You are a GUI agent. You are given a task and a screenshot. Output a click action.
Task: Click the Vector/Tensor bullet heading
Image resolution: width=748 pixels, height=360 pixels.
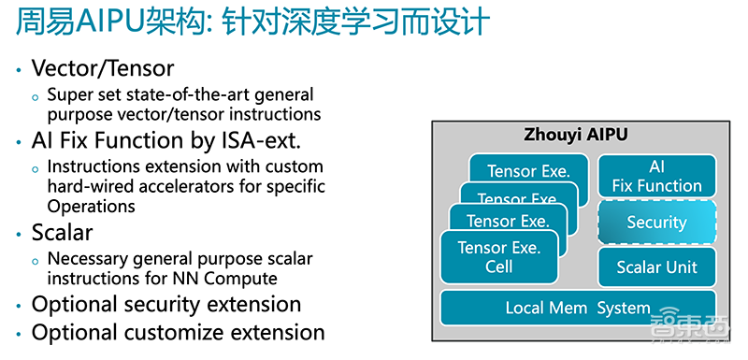tap(103, 68)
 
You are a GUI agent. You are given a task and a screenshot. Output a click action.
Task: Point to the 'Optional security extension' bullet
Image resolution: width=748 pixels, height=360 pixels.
tap(166, 305)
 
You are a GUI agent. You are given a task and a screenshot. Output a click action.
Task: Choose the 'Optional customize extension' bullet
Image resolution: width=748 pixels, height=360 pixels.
tap(178, 333)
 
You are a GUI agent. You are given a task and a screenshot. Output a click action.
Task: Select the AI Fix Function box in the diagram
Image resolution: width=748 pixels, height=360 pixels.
tap(656, 176)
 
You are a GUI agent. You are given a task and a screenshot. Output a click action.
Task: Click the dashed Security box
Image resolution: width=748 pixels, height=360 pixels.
tap(656, 223)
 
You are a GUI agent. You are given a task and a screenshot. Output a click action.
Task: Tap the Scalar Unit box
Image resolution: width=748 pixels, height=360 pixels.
tap(656, 267)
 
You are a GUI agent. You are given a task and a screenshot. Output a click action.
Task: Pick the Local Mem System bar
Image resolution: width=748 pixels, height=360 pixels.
tap(577, 308)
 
